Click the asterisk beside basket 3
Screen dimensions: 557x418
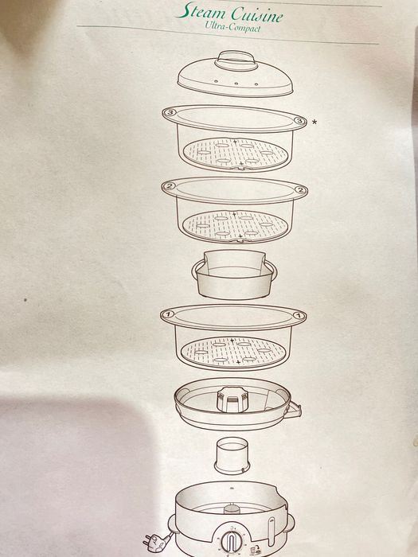315,122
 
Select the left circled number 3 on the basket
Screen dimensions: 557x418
170,113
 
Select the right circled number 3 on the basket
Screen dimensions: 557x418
299,121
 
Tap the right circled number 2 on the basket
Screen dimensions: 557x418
301,190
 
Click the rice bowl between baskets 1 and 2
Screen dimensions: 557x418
234,274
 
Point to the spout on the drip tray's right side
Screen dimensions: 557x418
295,410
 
